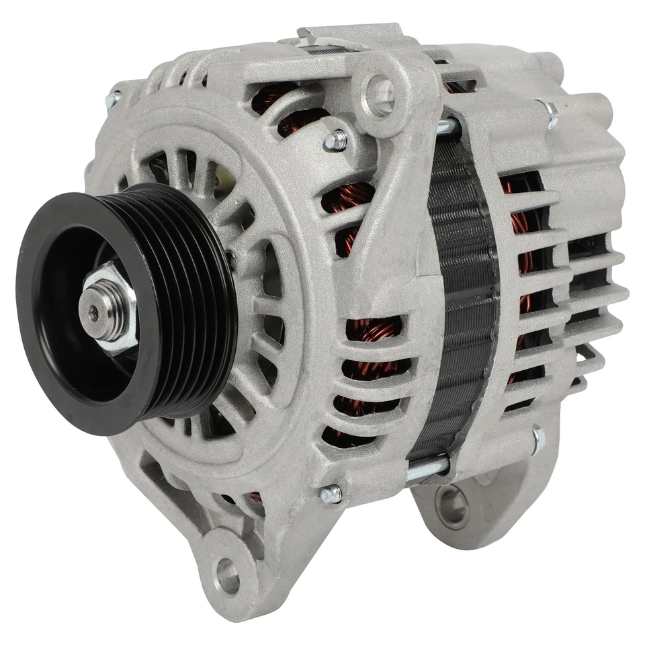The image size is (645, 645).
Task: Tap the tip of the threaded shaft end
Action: tap(93, 310)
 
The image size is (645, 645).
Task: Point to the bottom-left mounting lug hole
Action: tap(228, 576)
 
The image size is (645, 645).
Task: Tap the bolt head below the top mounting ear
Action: tap(335, 140)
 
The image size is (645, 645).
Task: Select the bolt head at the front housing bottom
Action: tap(331, 495)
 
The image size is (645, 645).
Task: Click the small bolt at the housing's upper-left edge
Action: tap(113, 100)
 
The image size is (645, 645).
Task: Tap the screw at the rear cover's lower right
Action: tap(538, 440)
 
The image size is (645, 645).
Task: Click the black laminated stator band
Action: tap(463, 282)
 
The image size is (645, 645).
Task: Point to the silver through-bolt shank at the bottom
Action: tap(427, 468)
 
